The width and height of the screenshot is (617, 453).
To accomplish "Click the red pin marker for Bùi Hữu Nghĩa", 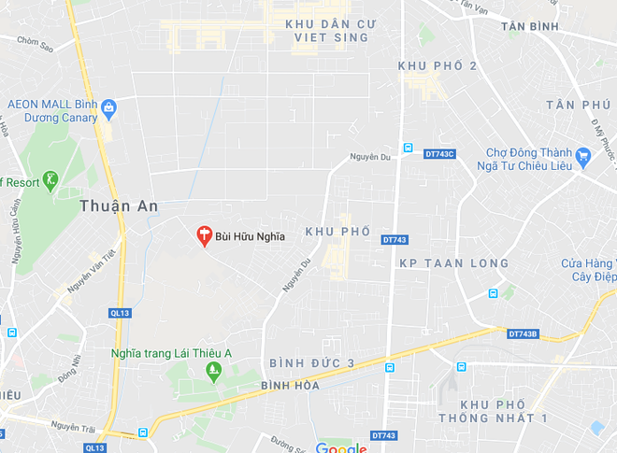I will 204,235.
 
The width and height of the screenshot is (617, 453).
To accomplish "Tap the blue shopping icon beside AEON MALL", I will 109,109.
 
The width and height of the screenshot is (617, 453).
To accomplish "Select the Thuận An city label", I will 118,205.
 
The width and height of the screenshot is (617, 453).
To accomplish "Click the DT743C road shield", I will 439,154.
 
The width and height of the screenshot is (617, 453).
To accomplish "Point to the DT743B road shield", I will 524,333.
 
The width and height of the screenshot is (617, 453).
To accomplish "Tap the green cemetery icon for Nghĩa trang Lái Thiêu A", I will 213,372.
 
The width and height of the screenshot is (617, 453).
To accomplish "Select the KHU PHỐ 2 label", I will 438,65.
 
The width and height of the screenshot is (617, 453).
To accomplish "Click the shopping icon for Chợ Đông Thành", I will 583,158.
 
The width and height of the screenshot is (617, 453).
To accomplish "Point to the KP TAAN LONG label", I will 454,264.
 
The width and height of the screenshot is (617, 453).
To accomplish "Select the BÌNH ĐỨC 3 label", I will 312,362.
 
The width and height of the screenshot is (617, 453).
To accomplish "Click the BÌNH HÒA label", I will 290,385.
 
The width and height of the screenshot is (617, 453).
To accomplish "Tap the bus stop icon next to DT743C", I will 408,148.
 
